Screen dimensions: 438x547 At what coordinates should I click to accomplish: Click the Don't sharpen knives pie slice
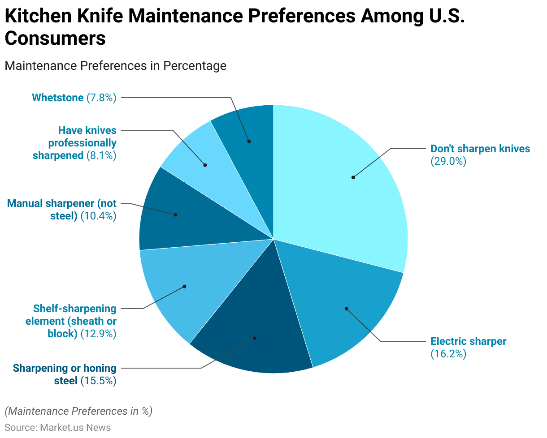(x=341, y=188)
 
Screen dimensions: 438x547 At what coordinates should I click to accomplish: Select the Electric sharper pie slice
(x=341, y=305)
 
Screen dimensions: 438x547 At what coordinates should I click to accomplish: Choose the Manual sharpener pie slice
(x=179, y=215)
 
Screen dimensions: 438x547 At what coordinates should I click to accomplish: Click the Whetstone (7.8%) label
(x=74, y=98)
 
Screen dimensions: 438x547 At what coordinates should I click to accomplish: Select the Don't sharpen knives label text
(x=480, y=149)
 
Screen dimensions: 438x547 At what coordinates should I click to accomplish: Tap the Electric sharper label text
(x=468, y=341)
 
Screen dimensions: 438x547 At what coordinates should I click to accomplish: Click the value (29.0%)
(x=448, y=162)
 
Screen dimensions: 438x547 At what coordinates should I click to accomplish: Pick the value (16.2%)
(x=448, y=354)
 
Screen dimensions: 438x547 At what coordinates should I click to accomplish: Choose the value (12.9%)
(x=98, y=334)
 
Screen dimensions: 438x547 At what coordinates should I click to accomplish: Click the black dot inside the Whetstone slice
(x=249, y=141)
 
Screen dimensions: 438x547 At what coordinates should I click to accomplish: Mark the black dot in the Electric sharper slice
(x=346, y=309)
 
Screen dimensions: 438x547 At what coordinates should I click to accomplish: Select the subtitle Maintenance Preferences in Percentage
(x=115, y=66)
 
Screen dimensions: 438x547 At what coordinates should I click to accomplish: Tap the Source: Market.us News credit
(x=57, y=428)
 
